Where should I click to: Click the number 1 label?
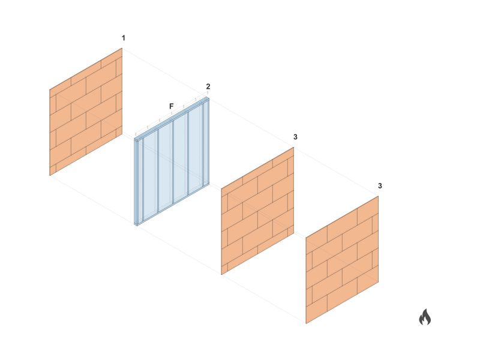click(124, 38)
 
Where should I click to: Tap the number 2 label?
click(208, 86)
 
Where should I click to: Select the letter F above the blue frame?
click(172, 106)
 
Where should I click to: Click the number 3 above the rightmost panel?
click(380, 186)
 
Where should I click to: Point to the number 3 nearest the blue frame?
click(295, 137)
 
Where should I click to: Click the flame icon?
click(425, 317)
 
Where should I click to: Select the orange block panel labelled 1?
click(86, 112)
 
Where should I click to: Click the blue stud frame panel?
click(172, 161)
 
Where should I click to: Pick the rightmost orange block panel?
click(342, 260)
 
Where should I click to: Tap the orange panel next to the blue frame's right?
click(258, 211)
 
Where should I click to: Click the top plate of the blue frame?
click(172, 119)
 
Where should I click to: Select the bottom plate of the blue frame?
click(172, 204)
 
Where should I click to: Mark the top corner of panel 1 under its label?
click(122, 48)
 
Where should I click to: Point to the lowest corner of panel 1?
click(50, 175)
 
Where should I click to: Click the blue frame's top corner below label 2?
click(208, 97)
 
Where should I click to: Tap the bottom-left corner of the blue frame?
click(134, 226)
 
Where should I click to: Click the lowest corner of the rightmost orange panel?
click(306, 323)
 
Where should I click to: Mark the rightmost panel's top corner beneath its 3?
click(379, 196)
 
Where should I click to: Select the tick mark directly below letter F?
click(172, 114)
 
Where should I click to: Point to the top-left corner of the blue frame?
click(134, 140)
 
